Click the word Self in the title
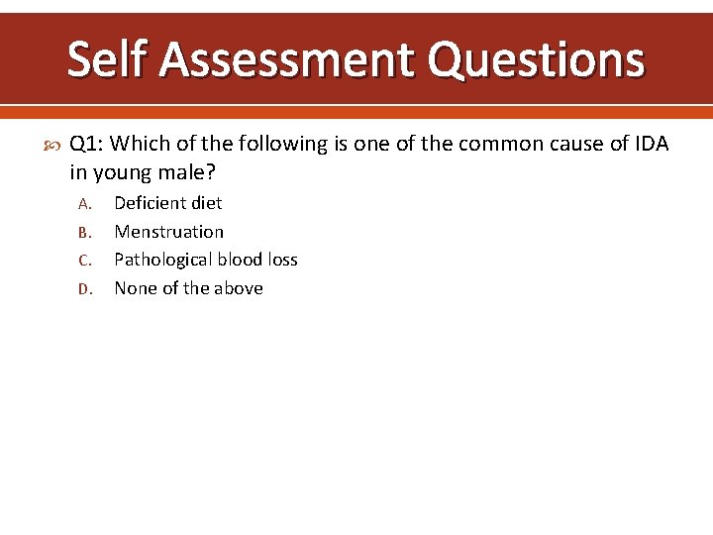click(106, 59)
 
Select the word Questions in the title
click(536, 59)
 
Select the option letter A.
click(84, 204)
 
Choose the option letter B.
click(84, 233)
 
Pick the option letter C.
click(84, 261)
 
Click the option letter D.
click(84, 289)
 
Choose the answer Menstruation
click(169, 232)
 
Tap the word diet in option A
click(206, 203)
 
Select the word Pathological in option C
click(161, 260)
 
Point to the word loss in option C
click(279, 260)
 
